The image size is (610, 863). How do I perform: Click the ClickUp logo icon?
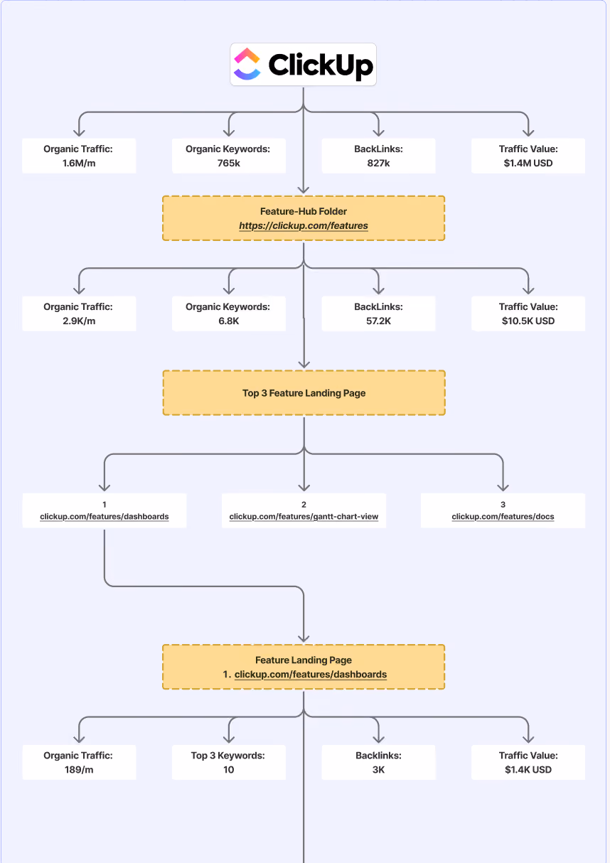(x=247, y=64)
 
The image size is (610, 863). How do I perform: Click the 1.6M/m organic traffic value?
(x=79, y=163)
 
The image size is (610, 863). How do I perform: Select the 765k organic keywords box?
(x=229, y=156)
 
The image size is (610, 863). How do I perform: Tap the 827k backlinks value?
(x=378, y=163)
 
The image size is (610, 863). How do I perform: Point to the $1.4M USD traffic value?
(x=528, y=163)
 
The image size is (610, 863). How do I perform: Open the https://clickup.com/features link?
(x=304, y=226)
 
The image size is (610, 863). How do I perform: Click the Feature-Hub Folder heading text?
(x=304, y=211)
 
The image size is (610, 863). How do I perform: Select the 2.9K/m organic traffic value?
(x=79, y=321)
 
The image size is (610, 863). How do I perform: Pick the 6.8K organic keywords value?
(x=229, y=321)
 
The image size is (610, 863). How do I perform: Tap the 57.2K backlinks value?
(x=378, y=321)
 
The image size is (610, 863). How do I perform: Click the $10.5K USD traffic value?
(x=528, y=321)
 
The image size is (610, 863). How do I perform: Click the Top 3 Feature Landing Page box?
(x=304, y=393)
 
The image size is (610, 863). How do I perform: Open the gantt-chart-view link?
(x=304, y=516)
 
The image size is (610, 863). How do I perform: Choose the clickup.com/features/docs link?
(x=503, y=516)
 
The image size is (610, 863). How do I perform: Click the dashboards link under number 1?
(x=105, y=516)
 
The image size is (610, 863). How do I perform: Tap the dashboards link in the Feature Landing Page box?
(x=311, y=674)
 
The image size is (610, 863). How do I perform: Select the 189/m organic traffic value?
(x=79, y=769)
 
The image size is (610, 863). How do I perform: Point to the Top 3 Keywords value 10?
(x=229, y=769)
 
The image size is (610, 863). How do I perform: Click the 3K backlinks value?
(x=378, y=769)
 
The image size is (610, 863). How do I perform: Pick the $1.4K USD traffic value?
(x=528, y=769)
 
